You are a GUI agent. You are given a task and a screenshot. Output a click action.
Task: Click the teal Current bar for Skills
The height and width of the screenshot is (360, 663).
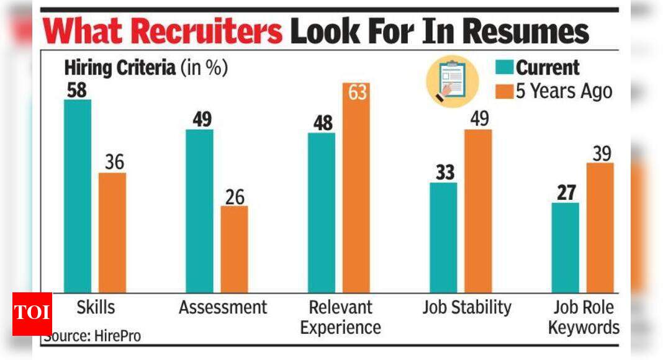(78, 196)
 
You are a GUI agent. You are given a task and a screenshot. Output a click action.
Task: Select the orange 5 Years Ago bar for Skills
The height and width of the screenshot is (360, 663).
(112, 232)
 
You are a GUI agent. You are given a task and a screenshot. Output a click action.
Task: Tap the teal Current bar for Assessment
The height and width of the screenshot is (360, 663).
(199, 210)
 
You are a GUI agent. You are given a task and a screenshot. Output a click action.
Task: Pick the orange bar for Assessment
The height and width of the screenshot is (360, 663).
(234, 249)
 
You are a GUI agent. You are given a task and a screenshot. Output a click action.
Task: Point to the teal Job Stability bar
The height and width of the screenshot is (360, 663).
(443, 237)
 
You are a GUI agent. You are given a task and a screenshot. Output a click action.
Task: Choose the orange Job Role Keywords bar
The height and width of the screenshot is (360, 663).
(600, 227)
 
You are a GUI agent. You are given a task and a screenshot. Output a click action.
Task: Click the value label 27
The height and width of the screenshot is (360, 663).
(565, 192)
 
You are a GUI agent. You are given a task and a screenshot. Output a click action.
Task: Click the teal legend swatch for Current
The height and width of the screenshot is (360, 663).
(504, 68)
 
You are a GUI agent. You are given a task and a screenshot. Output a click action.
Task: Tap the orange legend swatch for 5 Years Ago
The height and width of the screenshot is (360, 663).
(504, 91)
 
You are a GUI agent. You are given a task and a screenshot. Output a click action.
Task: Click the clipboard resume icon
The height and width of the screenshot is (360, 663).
(452, 81)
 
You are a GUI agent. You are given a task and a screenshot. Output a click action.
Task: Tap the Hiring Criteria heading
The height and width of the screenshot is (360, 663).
(120, 68)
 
